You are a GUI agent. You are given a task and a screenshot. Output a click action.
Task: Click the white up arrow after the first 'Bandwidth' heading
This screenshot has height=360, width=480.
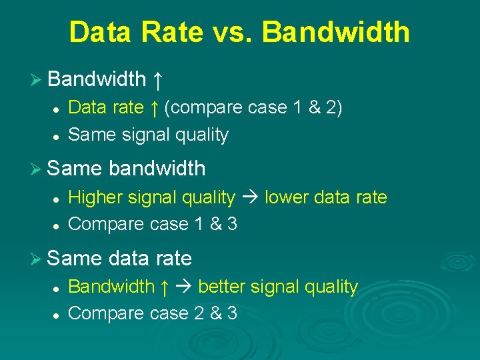157,80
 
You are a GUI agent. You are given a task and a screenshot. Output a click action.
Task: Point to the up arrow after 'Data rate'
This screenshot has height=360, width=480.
154,107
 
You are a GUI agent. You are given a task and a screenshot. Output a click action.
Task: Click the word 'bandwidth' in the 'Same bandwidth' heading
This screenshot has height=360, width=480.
157,169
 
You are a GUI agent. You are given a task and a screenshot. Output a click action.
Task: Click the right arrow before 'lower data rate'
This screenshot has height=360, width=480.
250,198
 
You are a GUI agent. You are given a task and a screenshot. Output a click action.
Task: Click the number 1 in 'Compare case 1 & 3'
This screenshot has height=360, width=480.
198,224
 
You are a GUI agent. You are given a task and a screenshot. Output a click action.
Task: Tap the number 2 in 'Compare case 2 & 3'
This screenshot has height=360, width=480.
198,313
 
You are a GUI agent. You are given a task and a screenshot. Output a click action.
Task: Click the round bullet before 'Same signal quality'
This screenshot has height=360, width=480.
57,135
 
